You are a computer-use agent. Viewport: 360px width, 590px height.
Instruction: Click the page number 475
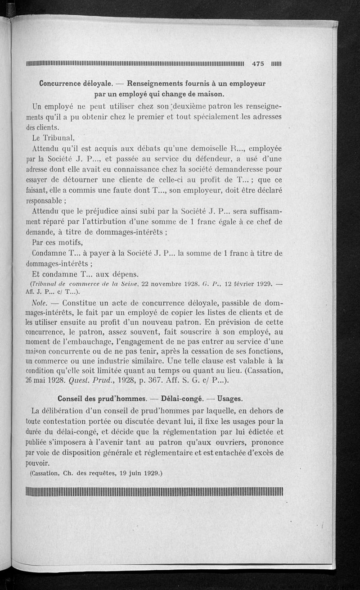258,64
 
